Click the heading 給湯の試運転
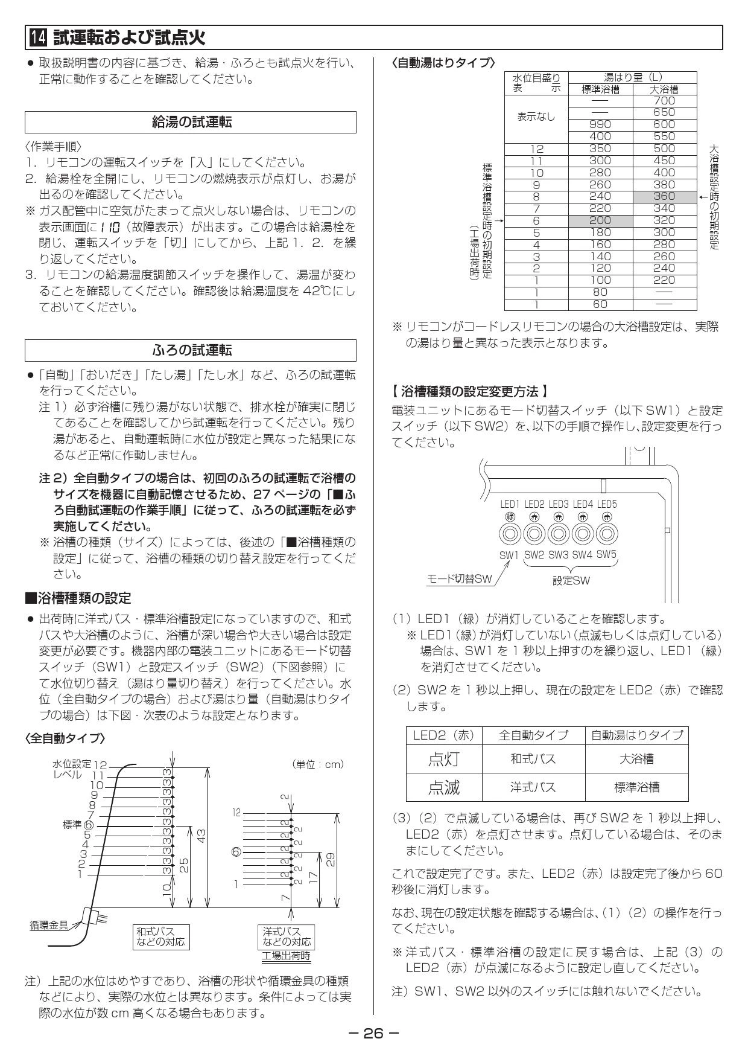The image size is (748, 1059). (191, 122)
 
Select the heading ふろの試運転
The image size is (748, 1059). (191, 350)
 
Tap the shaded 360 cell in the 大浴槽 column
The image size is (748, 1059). (664, 196)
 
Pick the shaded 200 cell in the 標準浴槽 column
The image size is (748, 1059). (600, 220)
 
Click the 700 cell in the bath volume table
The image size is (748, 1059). (664, 101)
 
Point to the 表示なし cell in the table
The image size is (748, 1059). (536, 117)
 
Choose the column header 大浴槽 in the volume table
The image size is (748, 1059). (664, 89)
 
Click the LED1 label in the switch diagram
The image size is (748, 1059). (510, 504)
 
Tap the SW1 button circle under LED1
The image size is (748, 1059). (510, 534)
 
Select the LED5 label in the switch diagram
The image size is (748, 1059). (607, 504)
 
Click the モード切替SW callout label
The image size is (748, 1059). (460, 579)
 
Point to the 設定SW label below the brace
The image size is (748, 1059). (571, 581)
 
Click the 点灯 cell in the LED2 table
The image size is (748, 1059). (444, 758)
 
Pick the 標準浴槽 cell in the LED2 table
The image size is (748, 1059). (636, 787)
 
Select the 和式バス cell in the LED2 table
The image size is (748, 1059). (533, 758)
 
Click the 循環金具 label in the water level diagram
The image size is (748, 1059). (49, 941)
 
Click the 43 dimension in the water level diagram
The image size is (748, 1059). (202, 836)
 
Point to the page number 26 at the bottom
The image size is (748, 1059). (373, 1033)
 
